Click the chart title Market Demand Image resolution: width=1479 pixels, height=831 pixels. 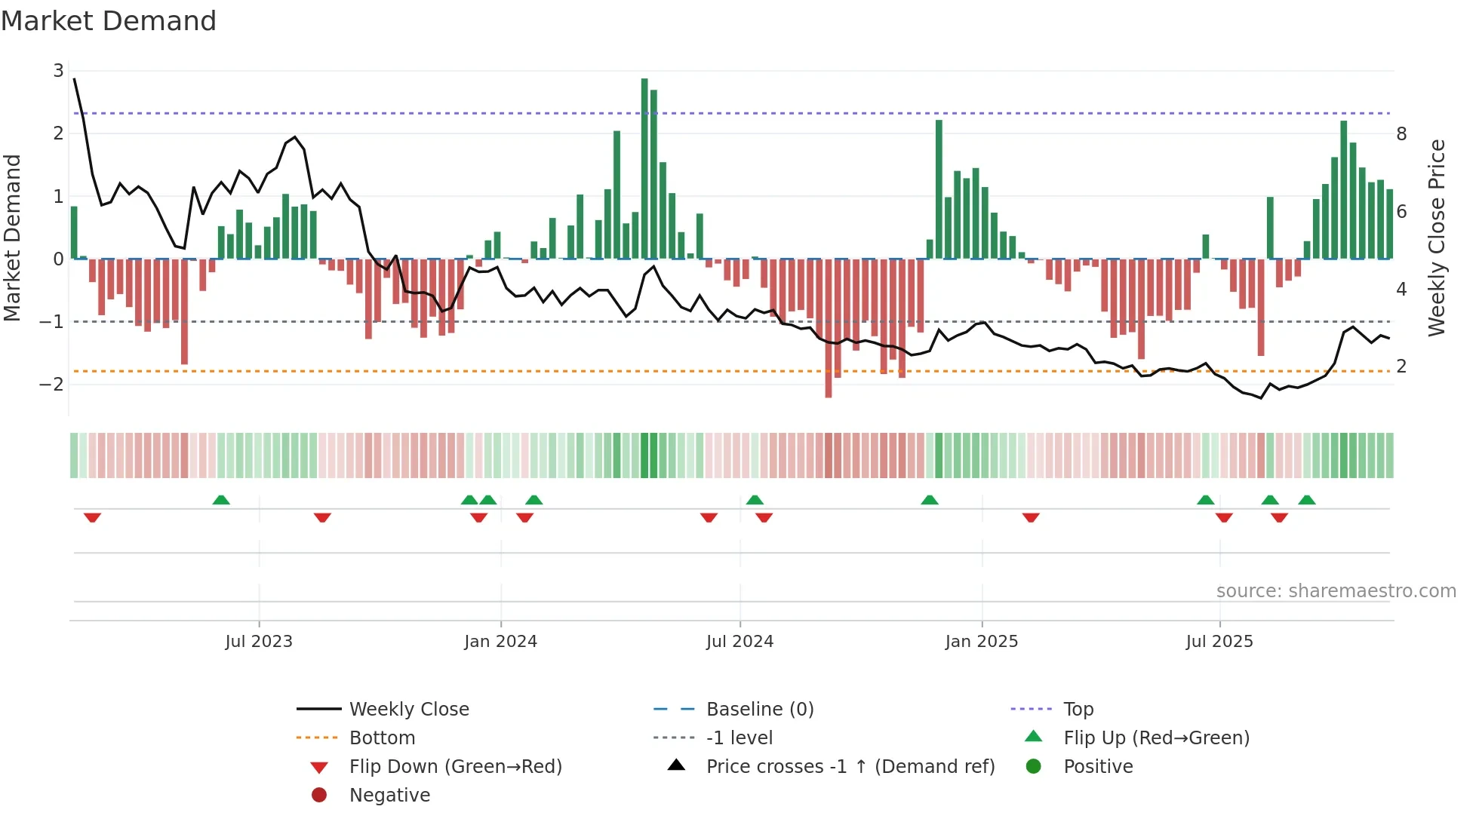point(109,21)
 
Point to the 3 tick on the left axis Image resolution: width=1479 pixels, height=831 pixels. point(58,71)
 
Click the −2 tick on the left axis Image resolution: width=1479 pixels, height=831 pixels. point(52,385)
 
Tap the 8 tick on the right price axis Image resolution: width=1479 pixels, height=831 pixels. point(1401,134)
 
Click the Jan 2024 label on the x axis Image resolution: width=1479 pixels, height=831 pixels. point(500,642)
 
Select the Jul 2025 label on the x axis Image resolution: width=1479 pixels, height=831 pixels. point(1219,642)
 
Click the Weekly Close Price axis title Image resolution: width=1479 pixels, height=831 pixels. point(1437,238)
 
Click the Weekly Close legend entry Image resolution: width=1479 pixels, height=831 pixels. point(408,710)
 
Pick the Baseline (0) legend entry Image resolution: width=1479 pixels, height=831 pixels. point(759,710)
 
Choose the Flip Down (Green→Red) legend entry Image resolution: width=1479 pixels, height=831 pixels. point(455,767)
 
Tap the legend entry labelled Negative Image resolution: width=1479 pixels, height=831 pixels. point(389,796)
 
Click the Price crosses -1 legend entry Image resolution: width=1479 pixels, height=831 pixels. point(850,767)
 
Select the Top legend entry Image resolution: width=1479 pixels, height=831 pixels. point(1078,710)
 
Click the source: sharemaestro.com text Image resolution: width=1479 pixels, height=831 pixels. point(1336,591)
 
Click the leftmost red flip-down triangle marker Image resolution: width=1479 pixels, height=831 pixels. point(93,517)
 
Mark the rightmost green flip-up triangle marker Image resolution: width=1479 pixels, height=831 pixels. point(1307,500)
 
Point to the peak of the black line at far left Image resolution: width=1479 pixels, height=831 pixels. point(74,78)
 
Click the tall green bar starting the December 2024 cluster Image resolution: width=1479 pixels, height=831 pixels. point(939,189)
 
